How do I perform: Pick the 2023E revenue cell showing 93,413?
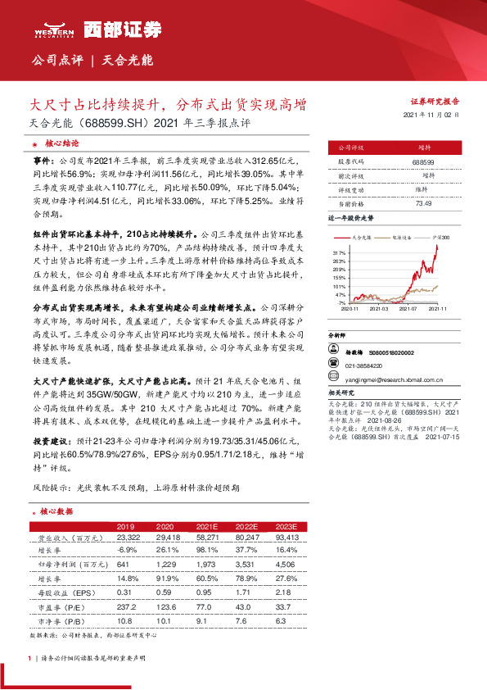288,538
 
